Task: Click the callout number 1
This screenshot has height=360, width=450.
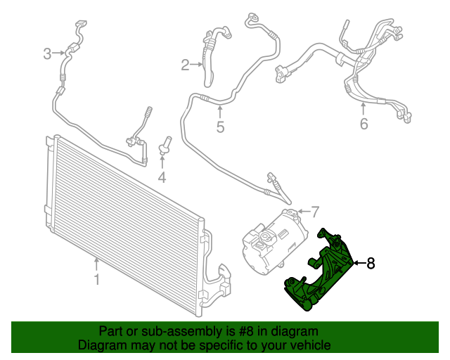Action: (97, 281)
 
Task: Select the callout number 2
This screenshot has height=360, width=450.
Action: (186, 65)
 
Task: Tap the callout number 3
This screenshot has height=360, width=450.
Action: (48, 53)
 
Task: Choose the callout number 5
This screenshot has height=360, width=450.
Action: (219, 127)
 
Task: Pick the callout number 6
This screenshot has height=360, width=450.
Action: (364, 124)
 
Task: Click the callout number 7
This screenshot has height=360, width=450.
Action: (315, 210)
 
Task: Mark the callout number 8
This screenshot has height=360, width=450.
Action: (371, 263)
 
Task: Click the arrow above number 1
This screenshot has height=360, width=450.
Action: (97, 264)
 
